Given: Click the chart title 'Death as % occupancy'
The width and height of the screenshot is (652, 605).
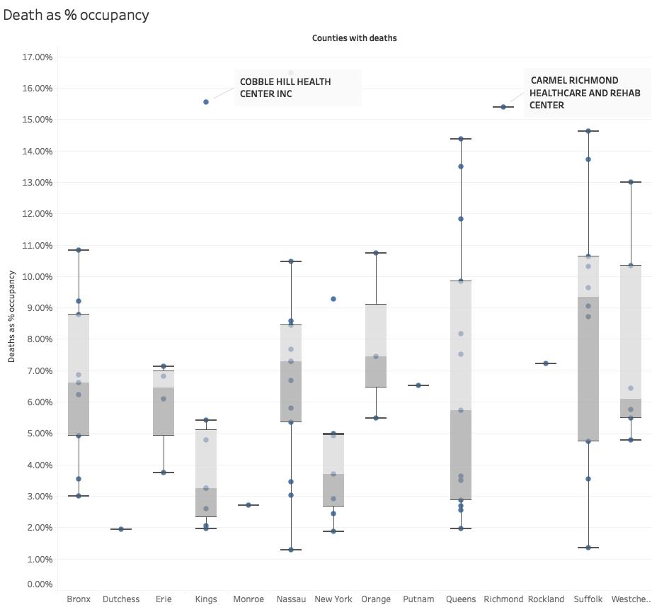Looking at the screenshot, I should [x=76, y=15].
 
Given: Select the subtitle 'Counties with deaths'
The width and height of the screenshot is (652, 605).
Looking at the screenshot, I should [x=354, y=38].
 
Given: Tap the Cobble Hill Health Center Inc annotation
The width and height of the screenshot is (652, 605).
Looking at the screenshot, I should [x=285, y=87].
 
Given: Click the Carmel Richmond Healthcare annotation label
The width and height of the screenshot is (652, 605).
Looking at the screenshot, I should [x=585, y=92].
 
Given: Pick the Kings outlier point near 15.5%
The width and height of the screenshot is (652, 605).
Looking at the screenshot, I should [x=206, y=102].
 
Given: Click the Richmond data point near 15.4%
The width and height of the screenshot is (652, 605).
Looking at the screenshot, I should [x=503, y=107].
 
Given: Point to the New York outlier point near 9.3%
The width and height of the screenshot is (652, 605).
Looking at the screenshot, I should [x=333, y=299].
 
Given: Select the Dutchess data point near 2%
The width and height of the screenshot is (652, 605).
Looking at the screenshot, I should [x=121, y=529].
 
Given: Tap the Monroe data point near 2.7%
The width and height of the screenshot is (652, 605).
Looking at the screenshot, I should [x=248, y=505].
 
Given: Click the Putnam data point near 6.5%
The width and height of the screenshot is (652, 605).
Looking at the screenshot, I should [x=418, y=385].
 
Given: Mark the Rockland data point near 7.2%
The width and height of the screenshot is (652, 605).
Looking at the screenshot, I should [x=546, y=363].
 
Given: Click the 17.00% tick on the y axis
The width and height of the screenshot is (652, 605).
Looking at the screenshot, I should [x=38, y=57].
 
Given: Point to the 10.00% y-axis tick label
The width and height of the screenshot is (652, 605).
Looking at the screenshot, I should [x=38, y=277].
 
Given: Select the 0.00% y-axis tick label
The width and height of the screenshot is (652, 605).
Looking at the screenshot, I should [x=39, y=584].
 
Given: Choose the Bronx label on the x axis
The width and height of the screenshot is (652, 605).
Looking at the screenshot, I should [x=79, y=599].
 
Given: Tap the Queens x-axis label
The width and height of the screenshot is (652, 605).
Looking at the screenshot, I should [x=461, y=599].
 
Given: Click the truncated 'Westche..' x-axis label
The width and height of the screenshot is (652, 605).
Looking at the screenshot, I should [x=630, y=599].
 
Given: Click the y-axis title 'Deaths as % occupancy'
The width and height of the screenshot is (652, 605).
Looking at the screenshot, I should [x=12, y=316].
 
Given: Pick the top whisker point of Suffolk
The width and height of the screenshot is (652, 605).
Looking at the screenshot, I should [x=588, y=131].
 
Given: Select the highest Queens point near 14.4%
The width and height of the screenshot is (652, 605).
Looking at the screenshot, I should [x=461, y=139].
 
